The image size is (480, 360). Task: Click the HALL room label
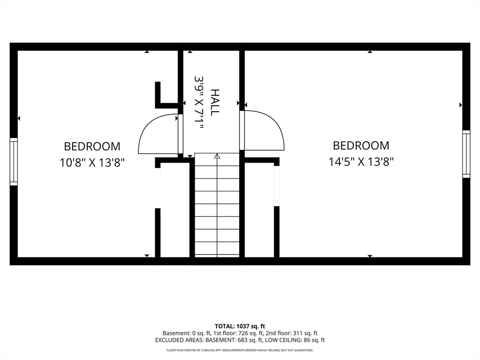(x=215, y=102)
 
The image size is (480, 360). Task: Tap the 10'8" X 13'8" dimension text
(x=92, y=163)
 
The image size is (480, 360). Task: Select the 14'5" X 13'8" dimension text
(x=361, y=161)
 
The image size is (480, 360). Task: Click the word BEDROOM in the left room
(x=92, y=146)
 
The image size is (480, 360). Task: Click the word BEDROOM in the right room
(x=361, y=145)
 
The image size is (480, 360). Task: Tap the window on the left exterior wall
(x=14, y=162)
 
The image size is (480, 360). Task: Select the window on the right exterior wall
(x=466, y=154)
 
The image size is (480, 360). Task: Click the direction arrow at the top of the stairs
(x=217, y=156)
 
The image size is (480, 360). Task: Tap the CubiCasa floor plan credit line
(x=240, y=350)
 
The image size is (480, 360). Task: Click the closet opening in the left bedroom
(x=157, y=188)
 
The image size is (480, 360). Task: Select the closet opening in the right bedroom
(x=277, y=186)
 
